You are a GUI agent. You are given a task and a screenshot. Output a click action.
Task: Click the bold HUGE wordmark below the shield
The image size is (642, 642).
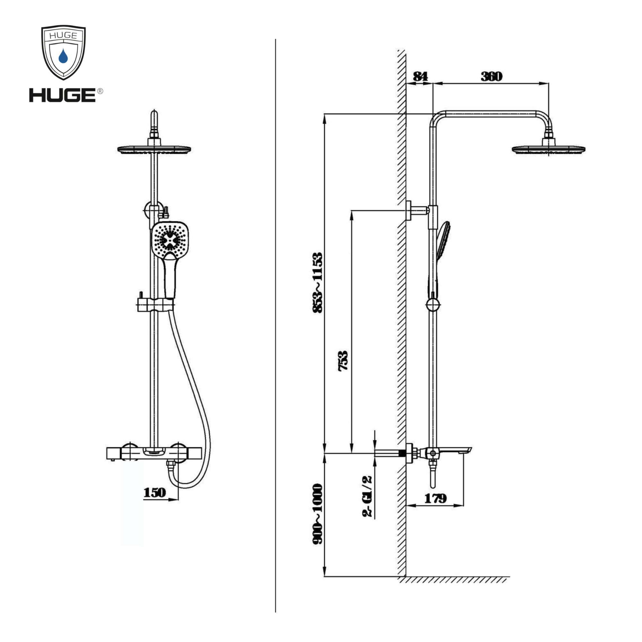click(x=62, y=95)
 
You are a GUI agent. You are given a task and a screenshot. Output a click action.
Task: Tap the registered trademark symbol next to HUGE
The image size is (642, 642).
click(x=100, y=91)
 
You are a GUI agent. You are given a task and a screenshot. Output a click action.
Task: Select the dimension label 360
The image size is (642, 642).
click(x=491, y=76)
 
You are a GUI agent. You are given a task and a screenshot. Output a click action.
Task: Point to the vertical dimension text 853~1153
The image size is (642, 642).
click(x=317, y=282)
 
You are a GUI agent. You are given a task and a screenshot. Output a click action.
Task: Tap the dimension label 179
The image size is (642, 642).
click(x=435, y=498)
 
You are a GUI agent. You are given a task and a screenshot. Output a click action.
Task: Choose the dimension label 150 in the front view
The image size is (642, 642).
click(x=154, y=492)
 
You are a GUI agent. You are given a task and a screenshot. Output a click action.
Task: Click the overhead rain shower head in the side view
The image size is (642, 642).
click(x=548, y=149)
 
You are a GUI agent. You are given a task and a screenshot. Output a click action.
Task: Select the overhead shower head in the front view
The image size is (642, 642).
click(x=154, y=149)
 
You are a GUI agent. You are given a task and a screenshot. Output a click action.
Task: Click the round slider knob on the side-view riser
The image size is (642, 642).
click(x=433, y=304)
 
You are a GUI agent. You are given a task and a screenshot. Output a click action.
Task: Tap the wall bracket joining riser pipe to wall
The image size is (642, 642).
click(x=417, y=210)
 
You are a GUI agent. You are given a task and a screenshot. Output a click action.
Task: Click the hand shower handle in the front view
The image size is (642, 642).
click(x=170, y=277)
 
